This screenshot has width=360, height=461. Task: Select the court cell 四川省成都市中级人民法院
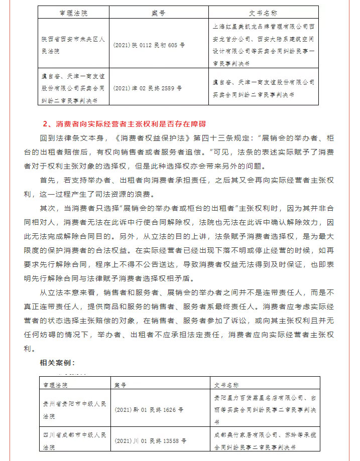pos(74,441)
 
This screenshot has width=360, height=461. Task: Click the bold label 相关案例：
pos(58,362)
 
